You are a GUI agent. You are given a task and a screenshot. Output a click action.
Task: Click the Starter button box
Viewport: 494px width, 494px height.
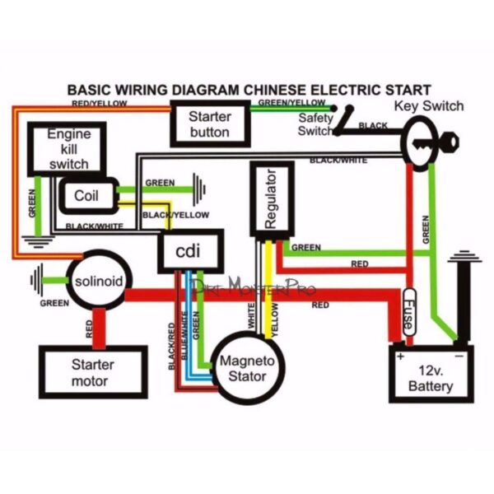coord(209,123)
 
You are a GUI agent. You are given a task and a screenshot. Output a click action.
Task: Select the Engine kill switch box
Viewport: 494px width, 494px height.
coord(68,149)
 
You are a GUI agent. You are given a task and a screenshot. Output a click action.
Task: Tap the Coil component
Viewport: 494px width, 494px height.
coord(86,196)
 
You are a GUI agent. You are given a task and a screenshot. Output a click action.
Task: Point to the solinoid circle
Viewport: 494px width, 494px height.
coord(98,282)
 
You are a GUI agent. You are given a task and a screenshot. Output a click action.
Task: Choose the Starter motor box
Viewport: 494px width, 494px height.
coord(92,371)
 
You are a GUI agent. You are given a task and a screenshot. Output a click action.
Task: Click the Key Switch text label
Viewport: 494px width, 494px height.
coord(428,106)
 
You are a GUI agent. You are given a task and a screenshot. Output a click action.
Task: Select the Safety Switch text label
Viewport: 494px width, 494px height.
coord(315,124)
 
